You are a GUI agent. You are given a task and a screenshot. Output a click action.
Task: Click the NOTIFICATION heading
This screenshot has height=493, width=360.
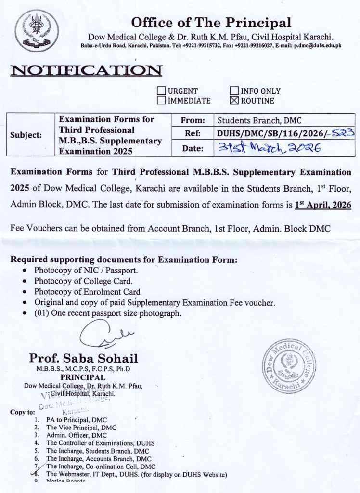point(86,70)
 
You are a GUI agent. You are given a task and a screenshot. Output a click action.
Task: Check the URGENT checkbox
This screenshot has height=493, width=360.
point(162,91)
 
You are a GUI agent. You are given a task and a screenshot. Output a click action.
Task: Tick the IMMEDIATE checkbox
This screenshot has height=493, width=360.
point(162,101)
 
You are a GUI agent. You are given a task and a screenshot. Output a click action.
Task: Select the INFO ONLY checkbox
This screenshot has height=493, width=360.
point(234,91)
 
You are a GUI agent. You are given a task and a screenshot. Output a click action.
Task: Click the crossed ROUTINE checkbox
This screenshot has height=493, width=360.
point(234,101)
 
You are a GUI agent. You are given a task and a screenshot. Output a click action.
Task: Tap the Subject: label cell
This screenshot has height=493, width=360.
point(26,135)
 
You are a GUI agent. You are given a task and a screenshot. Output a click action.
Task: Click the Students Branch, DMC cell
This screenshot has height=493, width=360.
point(259,121)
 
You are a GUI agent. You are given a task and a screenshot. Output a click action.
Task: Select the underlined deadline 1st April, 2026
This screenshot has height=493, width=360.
point(322,204)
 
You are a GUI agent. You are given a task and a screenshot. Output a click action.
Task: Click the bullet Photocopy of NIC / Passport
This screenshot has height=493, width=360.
point(86,271)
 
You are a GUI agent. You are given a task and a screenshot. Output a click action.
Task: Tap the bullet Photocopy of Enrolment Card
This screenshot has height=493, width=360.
point(87,292)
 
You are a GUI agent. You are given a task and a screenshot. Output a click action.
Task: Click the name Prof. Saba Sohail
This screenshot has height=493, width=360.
point(83,358)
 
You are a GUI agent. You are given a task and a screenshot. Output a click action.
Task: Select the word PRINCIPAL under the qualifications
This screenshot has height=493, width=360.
point(83,377)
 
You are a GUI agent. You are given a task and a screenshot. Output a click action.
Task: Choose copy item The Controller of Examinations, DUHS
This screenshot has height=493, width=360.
point(100,443)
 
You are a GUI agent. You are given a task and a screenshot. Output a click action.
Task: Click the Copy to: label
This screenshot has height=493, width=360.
point(22,412)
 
